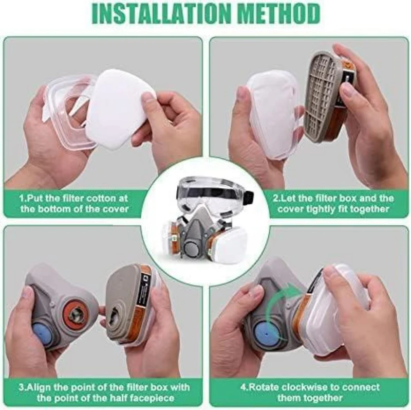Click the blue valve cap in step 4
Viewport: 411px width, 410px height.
[264, 335]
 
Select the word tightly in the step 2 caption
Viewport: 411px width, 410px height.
[321, 209]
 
